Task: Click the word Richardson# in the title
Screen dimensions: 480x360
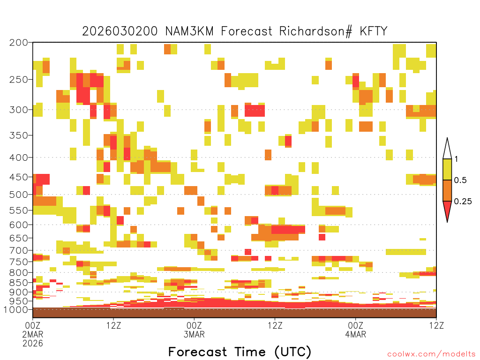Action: [x=315, y=31]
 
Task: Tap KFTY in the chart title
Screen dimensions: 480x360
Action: [x=374, y=31]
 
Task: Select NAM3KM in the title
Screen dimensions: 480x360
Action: [x=189, y=31]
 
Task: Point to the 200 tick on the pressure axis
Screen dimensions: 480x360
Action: [x=19, y=43]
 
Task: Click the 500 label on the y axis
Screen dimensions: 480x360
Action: [x=19, y=195]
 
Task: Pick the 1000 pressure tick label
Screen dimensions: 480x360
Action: [x=16, y=309]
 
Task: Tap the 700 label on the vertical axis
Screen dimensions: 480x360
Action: [x=19, y=250]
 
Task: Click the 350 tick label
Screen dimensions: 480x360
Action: [x=19, y=135]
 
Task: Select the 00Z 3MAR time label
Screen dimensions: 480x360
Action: [x=194, y=330]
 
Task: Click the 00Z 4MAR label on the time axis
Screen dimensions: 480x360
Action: [x=356, y=330]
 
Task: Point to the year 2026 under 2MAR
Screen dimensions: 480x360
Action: [x=33, y=343]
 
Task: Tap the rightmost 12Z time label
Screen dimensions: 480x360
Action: [x=436, y=325]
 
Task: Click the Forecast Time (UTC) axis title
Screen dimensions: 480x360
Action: [x=240, y=352]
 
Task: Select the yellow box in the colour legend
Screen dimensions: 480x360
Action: [x=447, y=169]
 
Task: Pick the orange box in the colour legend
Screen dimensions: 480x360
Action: [x=447, y=190]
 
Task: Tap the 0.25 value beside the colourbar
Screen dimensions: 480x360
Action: [x=463, y=201]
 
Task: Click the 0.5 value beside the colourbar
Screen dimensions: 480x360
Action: [x=460, y=180]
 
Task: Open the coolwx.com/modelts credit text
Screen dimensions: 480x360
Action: [x=431, y=354]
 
